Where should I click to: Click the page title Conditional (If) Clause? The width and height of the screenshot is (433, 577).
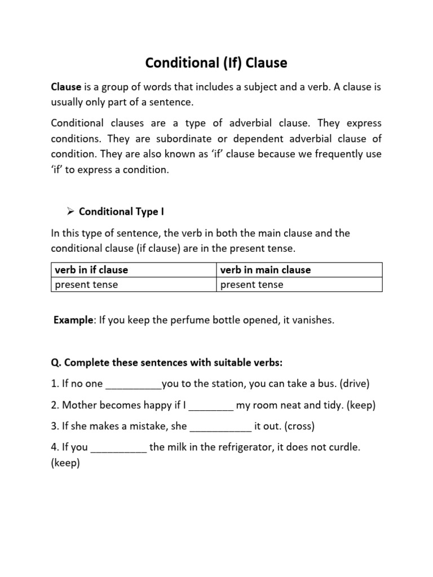(216, 63)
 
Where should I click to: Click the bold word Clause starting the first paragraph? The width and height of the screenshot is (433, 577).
(67, 88)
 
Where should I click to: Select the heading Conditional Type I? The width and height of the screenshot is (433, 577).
(121, 212)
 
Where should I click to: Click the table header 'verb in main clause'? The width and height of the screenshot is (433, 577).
(265, 270)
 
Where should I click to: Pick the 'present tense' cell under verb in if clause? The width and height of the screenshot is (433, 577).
(86, 285)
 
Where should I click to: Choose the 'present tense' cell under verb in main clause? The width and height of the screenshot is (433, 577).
(251, 285)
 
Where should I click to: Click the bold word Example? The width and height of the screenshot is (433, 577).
(74, 320)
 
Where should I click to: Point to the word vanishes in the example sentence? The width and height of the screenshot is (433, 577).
(313, 320)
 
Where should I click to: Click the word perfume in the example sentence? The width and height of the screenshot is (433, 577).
(195, 320)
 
